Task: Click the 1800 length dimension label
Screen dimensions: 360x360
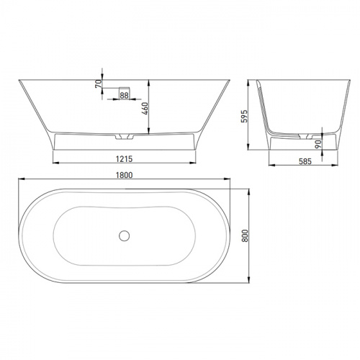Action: pos(124,175)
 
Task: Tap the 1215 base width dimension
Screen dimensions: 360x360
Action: pos(124,159)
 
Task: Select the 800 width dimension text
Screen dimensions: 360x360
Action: pos(245,235)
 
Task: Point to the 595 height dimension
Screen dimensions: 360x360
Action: pos(244,117)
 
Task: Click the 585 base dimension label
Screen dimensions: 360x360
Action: pos(305,161)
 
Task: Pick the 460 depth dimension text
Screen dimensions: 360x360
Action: pos(145,109)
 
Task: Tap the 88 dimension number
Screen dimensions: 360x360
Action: pos(124,96)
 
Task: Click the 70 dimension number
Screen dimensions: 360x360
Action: pos(99,84)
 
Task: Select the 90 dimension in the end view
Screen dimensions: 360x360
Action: pos(318,144)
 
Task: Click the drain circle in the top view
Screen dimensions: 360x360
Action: pos(124,235)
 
